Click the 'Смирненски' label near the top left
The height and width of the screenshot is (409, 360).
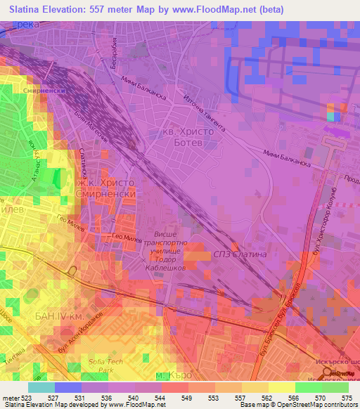[41, 91]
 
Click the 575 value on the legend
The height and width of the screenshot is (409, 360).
[345, 397]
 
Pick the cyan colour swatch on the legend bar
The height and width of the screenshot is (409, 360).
[41, 387]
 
